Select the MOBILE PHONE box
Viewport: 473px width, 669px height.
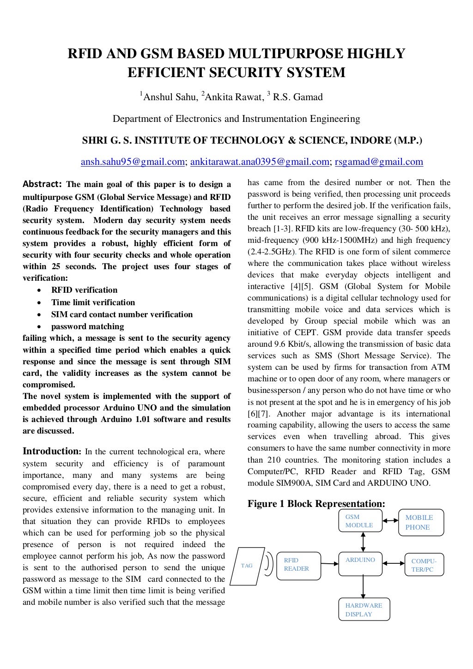pyautogui.click(x=421, y=523)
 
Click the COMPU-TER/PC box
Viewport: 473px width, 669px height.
pyautogui.click(x=424, y=565)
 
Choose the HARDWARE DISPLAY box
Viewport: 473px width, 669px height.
pyautogui.click(x=364, y=609)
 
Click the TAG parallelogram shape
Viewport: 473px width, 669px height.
pyautogui.click(x=247, y=566)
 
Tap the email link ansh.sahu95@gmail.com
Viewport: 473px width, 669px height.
pyautogui.click(x=133, y=162)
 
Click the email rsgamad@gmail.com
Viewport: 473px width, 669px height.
pyautogui.click(x=379, y=162)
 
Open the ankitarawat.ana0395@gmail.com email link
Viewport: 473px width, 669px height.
pyautogui.click(x=260, y=162)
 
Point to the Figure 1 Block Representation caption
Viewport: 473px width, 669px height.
pyautogui.click(x=316, y=503)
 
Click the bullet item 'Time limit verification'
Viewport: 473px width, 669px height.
pyautogui.click(x=93, y=302)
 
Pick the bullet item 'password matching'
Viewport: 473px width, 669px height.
pyautogui.click(x=87, y=326)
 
